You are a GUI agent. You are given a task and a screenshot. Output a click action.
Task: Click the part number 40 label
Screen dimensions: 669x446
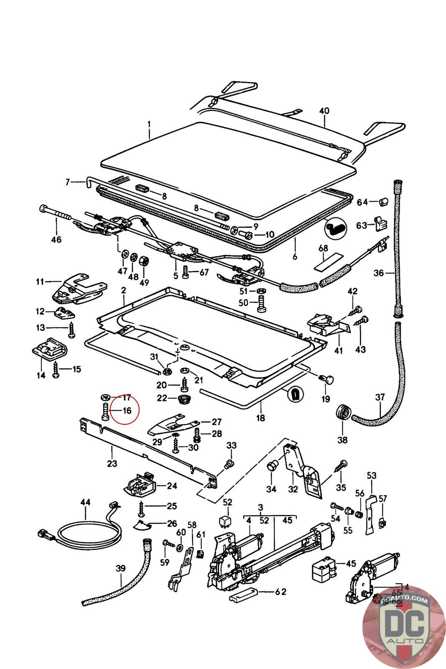[324, 111]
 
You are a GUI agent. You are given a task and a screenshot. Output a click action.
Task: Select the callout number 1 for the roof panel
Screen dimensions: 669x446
[149, 124]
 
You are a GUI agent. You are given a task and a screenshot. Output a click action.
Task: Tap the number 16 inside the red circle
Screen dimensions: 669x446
[127, 410]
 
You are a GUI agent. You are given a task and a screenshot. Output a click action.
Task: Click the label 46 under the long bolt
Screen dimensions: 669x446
[56, 240]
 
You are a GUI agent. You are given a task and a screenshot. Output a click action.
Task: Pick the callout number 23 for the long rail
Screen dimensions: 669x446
[112, 463]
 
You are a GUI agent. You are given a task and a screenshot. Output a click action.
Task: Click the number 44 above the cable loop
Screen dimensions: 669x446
[85, 502]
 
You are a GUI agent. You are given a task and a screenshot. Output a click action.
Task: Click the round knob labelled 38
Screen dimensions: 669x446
[342, 414]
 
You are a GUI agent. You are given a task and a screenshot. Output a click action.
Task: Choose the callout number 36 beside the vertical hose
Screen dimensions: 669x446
[379, 273]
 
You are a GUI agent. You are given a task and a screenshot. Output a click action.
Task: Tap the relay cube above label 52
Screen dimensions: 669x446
[227, 520]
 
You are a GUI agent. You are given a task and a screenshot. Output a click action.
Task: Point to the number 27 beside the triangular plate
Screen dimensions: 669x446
[216, 422]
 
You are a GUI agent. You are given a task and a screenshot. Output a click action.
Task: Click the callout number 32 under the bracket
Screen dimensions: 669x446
[293, 489]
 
